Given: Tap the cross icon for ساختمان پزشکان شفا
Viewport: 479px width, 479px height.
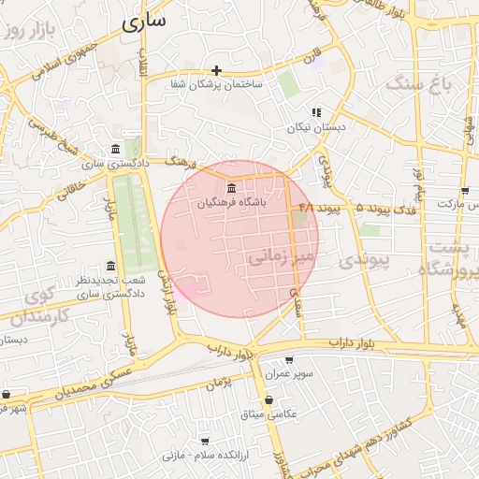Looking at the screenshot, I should [x=217, y=70].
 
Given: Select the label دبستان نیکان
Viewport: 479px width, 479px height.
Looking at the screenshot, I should [x=316, y=125].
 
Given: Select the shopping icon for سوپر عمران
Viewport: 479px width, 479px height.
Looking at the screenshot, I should [x=288, y=360].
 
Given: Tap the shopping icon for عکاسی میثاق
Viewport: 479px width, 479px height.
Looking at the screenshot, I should [x=269, y=400].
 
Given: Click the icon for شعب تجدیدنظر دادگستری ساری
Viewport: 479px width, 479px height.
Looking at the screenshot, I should [x=111, y=266].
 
